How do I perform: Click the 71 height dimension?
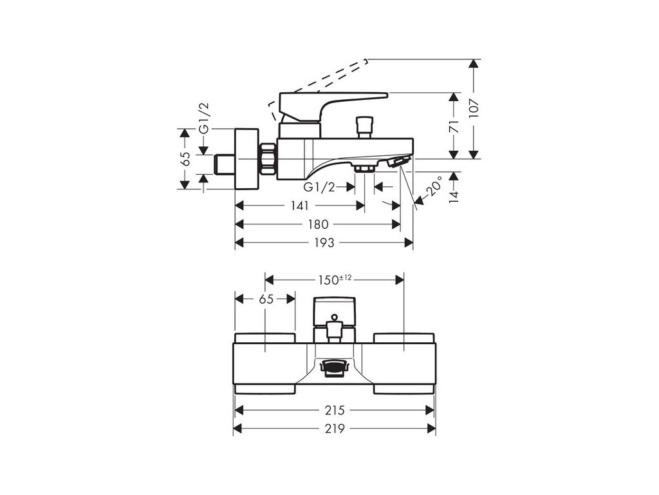454,126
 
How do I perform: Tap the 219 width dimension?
335,429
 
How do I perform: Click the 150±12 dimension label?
335,279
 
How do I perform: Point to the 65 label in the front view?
265,299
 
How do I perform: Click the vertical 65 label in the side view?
185,159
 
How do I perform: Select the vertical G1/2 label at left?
204,118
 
